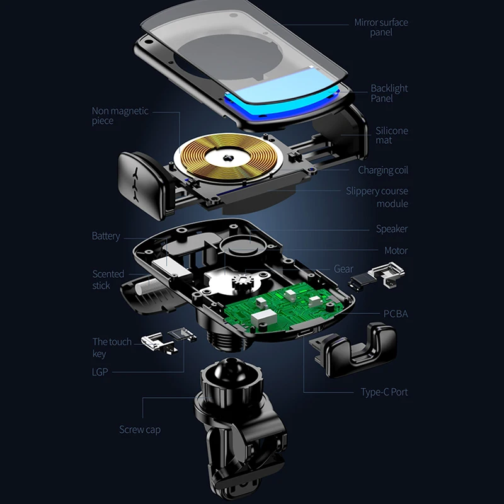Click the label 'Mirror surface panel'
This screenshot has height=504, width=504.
coord(381,27)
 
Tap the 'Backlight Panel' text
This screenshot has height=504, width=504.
coord(389,93)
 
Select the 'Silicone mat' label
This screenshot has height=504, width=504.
coord(391,135)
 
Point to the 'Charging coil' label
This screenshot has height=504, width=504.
coord(383,170)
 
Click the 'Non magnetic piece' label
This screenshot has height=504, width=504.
coord(120,115)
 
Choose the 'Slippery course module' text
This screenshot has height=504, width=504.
coord(377,197)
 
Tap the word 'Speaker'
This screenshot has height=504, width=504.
coord(392,229)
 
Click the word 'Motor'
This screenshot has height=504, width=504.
coord(396,250)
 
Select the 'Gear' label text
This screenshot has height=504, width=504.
coord(343,269)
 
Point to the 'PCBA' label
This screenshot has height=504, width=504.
coord(396,314)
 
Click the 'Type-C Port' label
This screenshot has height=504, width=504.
coord(384,392)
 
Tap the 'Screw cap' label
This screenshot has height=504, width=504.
coord(140,430)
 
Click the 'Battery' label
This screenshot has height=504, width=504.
coord(106,236)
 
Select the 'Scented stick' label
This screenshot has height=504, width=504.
coord(108,280)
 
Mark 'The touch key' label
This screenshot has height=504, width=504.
coord(112,347)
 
